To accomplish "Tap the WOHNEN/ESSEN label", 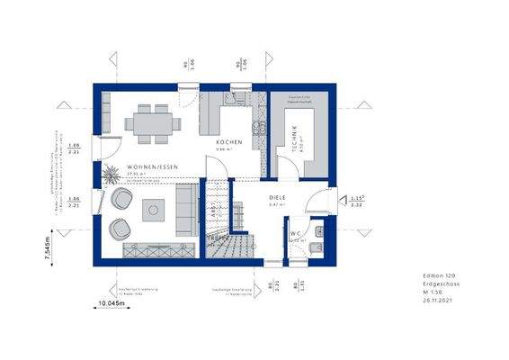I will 147,167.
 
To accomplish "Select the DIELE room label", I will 276,197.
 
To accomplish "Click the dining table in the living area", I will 150,121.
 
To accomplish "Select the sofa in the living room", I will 187,206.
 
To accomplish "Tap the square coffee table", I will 154,209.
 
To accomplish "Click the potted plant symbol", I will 111,172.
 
